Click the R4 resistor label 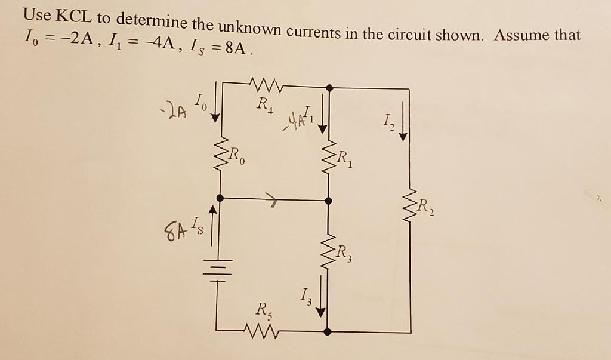pos(263,106)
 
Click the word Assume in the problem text pos(521,35)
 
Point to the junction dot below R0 pos(220,198)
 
